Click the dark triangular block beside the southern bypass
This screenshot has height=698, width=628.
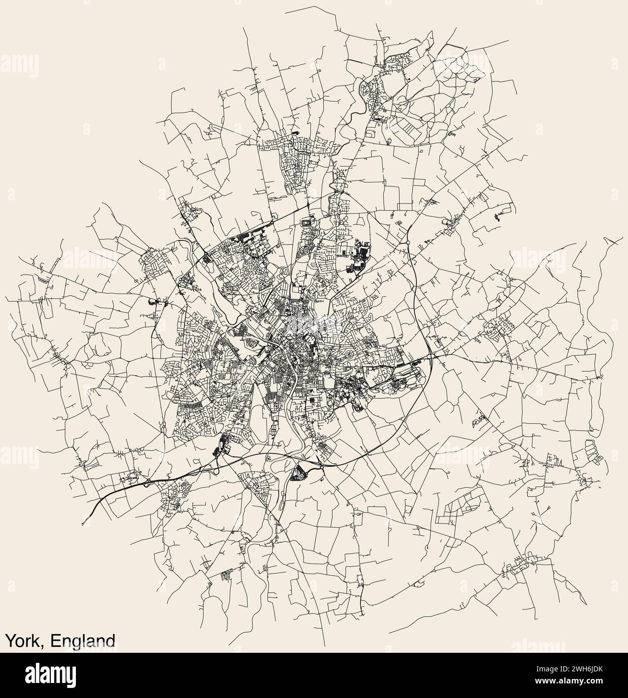point(300,472)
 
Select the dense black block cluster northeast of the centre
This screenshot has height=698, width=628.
point(361,254)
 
